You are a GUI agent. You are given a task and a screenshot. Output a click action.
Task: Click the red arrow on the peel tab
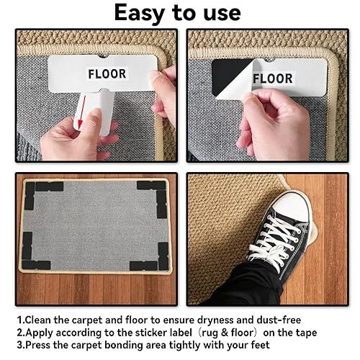click(x=81, y=111)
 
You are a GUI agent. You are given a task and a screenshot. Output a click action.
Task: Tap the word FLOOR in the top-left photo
click(x=107, y=74)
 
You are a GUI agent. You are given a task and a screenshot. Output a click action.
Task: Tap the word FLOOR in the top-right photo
click(x=273, y=78)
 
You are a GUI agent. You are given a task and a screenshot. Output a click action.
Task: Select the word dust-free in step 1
click(x=279, y=320)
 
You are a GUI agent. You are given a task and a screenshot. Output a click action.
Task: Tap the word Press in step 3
click(x=37, y=345)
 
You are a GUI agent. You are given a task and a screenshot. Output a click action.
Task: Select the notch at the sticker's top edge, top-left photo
click(x=104, y=57)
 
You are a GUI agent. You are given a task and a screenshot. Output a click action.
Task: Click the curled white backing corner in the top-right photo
click(x=236, y=81)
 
